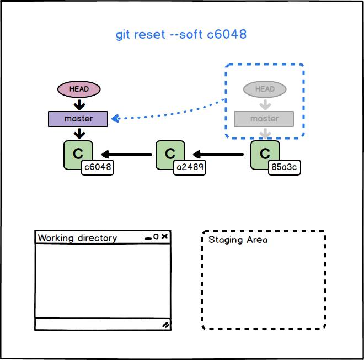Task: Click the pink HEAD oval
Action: [79, 89]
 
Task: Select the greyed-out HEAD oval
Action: [265, 89]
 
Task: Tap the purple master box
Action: [78, 119]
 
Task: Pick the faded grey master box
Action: [264, 119]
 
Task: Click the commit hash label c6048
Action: [98, 168]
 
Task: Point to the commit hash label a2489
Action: [190, 168]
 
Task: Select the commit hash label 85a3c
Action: [285, 168]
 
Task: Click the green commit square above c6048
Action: [77, 153]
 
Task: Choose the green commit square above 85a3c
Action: [264, 153]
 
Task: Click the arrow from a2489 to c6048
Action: [126, 155]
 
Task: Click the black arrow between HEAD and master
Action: [79, 104]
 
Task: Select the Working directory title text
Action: [77, 238]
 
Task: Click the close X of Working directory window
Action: [164, 237]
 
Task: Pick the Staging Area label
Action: [238, 240]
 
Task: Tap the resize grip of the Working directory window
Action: [165, 325]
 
